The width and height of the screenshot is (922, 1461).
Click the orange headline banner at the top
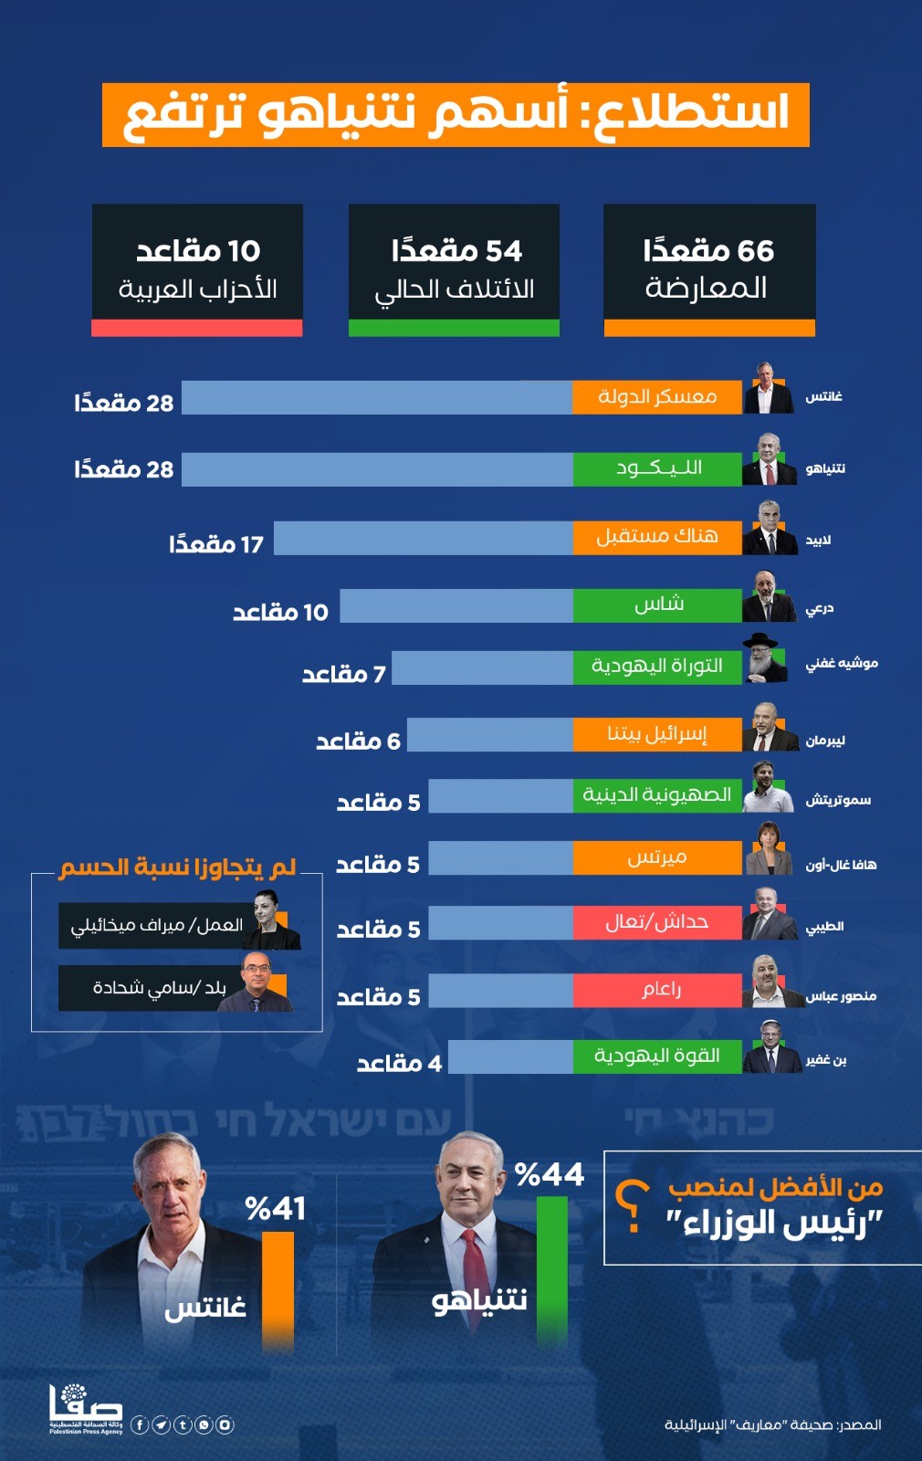tap(456, 114)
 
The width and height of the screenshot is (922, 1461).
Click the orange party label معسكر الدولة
tap(657, 397)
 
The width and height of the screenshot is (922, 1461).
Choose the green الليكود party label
tap(657, 468)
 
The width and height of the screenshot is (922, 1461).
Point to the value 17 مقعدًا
tap(216, 545)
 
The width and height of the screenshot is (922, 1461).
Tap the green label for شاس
tap(657, 604)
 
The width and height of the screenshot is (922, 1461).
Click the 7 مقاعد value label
tap(344, 675)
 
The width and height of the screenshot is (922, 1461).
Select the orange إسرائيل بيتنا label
tap(657, 734)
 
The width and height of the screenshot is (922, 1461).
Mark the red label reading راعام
tap(657, 990)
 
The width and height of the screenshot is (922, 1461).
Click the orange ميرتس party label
tap(657, 857)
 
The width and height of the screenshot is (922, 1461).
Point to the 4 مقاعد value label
tap(399, 1064)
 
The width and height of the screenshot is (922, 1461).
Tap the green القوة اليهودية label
tap(657, 1056)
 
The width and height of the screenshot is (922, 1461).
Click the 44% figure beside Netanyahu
tap(550, 1174)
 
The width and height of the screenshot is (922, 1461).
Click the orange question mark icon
tap(633, 1206)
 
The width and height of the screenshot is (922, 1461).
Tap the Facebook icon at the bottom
tap(140, 1424)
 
